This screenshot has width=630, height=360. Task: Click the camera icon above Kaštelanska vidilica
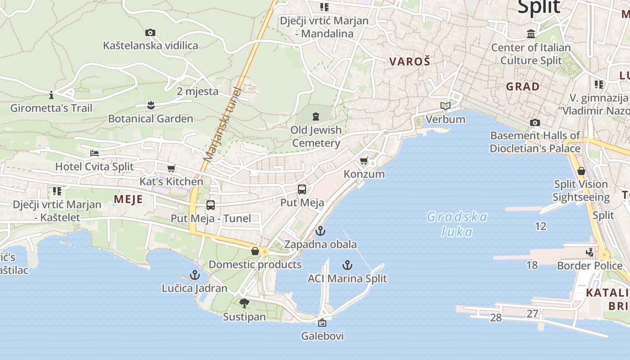(150, 32)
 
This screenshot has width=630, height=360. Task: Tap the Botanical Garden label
(150, 119)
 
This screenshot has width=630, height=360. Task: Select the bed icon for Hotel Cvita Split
(94, 153)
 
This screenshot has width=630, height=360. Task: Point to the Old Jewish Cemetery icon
(316, 117)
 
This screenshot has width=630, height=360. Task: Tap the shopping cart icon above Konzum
(364, 161)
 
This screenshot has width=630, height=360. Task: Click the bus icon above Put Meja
(302, 189)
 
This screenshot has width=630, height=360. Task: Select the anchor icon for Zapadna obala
(320, 231)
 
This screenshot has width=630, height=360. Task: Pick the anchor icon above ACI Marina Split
(347, 265)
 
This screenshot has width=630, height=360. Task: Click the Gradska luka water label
(457, 224)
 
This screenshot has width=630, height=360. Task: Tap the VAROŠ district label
(409, 62)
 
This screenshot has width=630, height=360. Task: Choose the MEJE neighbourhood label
(128, 199)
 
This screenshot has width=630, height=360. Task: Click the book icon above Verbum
(445, 106)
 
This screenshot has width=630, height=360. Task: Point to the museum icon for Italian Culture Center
(531, 34)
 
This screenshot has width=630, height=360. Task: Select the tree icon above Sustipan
(244, 303)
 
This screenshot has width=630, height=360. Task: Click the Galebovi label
(322, 336)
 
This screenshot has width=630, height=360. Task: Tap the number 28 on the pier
(495, 318)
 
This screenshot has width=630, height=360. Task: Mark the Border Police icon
(590, 252)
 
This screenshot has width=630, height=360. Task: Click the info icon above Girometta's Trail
(51, 95)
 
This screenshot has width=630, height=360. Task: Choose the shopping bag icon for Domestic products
(255, 251)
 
